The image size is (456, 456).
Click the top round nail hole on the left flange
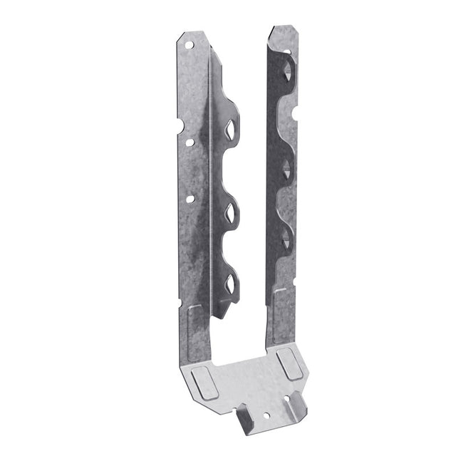[x=190, y=43]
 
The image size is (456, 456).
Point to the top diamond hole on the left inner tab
[x=232, y=130]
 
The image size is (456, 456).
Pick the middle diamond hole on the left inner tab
[x=232, y=211]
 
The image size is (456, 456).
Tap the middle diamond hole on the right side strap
[x=286, y=169]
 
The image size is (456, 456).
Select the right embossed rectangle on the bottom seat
[x=292, y=364]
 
